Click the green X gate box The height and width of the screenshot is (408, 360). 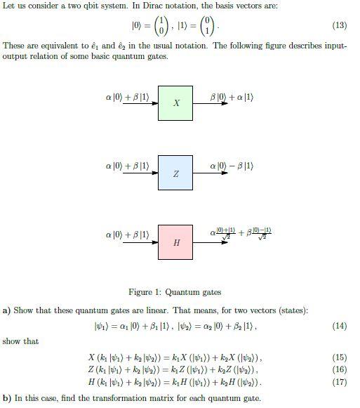click(175, 103)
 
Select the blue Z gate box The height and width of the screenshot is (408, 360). click(175, 172)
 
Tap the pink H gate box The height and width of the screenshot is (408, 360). click(175, 242)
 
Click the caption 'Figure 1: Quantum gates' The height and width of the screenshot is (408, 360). click(175, 292)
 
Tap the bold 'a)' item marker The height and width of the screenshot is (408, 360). click(6, 310)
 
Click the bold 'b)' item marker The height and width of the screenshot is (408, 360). click(6, 398)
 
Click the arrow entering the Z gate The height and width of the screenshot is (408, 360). click(140, 172)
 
